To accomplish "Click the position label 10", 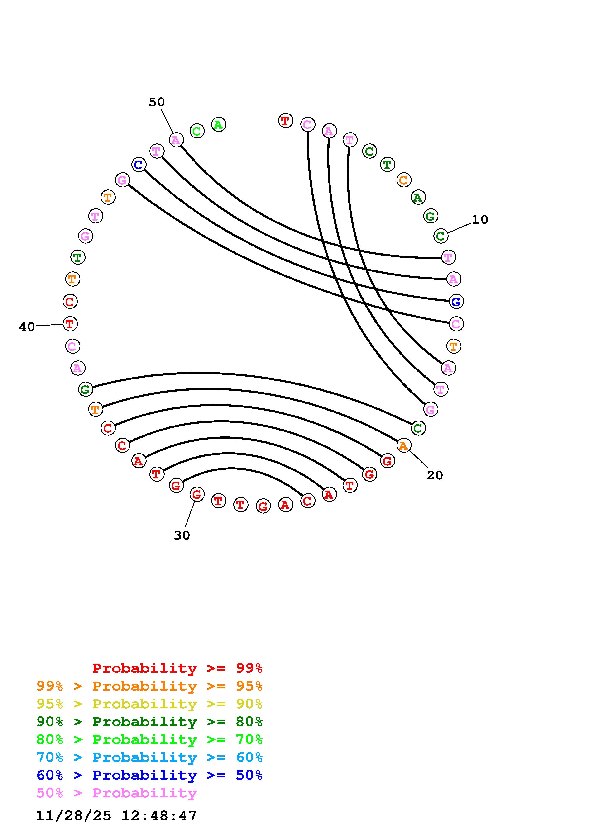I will click(x=479, y=219).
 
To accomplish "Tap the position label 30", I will click(x=182, y=535).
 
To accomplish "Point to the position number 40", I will click(x=27, y=327).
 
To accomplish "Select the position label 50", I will click(x=157, y=102).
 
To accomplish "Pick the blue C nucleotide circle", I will click(x=139, y=165).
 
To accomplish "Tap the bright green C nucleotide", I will click(x=197, y=131).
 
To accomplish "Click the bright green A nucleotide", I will click(x=219, y=124).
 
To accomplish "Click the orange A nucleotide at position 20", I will click(x=403, y=445).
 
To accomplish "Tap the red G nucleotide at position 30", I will click(x=197, y=494).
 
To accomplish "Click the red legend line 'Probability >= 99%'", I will click(x=177, y=668).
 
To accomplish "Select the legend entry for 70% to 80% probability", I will click(x=149, y=739).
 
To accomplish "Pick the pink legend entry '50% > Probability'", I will click(x=117, y=793).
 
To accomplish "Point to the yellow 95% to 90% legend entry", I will click(x=149, y=704).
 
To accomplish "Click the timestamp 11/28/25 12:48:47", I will click(x=116, y=816).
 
